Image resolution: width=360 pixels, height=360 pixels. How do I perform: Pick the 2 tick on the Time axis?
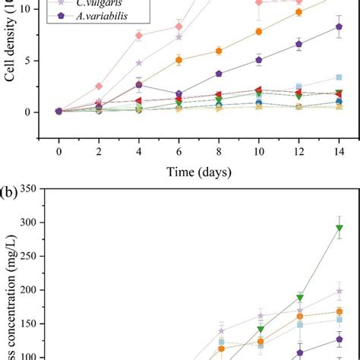click(x=99, y=150)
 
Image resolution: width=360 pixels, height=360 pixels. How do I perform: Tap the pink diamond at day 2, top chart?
click(x=99, y=86)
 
